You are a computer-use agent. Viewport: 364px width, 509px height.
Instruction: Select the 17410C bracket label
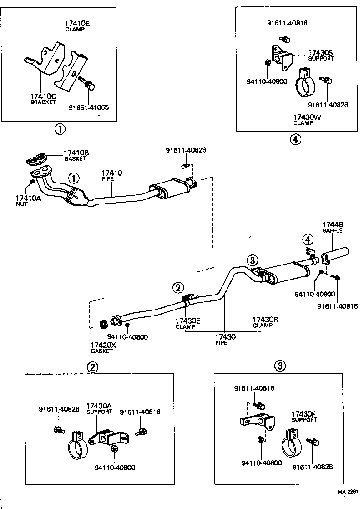click(43, 99)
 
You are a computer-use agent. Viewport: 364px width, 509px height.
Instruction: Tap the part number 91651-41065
click(89, 108)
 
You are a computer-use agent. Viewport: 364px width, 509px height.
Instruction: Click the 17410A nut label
click(28, 200)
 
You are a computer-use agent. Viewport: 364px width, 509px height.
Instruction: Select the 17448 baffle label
click(333, 227)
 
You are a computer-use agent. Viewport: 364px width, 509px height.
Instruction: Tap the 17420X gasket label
click(103, 348)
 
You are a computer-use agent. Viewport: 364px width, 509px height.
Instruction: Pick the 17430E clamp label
click(188, 323)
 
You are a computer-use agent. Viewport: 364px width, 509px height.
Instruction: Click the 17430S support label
click(320, 56)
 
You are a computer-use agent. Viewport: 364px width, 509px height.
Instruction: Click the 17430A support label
click(99, 408)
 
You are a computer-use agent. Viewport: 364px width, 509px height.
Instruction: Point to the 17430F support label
click(304, 417)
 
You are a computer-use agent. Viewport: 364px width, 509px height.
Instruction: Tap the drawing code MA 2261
click(349, 492)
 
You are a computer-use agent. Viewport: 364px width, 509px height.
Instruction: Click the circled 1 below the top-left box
click(60, 129)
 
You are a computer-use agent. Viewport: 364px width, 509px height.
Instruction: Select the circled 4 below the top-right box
click(295, 139)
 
